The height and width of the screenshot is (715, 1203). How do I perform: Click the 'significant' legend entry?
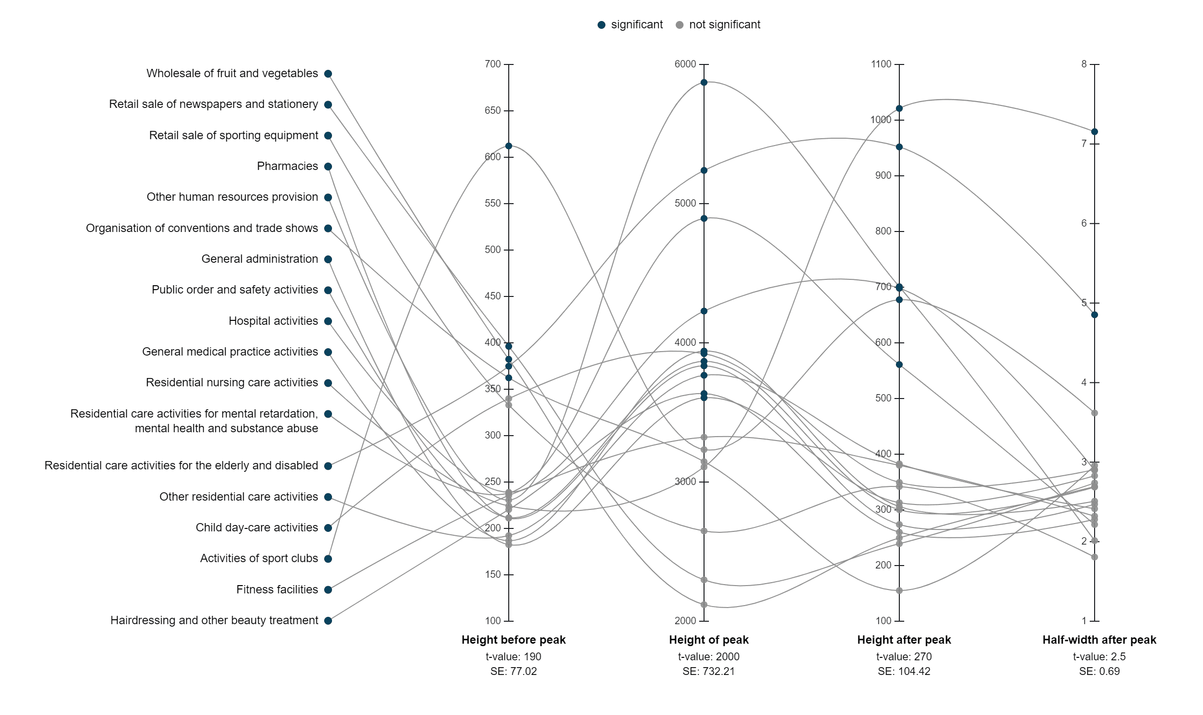[630, 25]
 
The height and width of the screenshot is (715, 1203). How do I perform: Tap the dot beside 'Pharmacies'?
[328, 167]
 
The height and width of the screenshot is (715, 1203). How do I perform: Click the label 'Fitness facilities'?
[277, 589]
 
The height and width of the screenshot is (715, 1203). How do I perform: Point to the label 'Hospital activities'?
[273, 321]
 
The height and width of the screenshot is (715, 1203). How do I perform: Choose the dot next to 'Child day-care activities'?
[328, 528]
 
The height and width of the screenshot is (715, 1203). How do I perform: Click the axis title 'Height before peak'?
[513, 640]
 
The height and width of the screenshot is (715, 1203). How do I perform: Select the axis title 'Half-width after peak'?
[1099, 640]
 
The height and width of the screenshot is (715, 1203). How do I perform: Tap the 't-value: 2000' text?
[708, 656]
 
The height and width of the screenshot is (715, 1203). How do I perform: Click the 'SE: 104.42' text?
[904, 671]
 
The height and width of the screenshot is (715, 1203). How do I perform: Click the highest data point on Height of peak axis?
[704, 83]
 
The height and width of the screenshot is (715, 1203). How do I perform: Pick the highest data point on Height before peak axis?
[509, 146]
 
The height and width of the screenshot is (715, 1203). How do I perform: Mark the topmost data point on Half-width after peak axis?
[1095, 132]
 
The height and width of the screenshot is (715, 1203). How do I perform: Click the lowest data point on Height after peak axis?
[899, 590]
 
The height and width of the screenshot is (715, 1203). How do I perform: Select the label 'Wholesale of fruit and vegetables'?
[232, 73]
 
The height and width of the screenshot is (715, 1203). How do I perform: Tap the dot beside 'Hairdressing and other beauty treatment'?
[328, 621]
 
